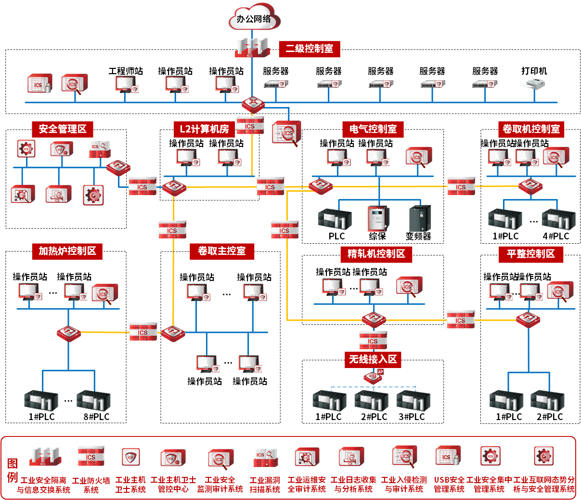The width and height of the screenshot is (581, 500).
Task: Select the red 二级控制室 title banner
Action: coord(309,49)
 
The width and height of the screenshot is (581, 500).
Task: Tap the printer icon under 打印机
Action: coord(534,85)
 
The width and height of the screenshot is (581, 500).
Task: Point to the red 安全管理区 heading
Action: coord(63,129)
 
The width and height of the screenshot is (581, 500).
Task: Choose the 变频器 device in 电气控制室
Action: coord(419,219)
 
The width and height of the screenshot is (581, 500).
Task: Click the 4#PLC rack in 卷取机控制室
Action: coord(558,220)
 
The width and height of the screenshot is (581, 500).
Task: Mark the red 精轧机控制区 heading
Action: coord(376,254)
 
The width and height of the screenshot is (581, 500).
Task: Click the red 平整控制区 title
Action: coord(530,254)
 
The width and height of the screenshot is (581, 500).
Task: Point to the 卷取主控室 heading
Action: coord(221,251)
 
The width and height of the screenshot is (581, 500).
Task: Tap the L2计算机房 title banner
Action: coord(204,129)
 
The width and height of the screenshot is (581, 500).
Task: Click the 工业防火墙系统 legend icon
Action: coord(91,457)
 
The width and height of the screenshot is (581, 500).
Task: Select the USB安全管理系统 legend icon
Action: coord(448,457)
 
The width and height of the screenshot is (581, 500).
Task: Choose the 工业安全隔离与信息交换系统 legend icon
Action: coord(44,457)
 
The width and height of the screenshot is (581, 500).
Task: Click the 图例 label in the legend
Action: coord(13,470)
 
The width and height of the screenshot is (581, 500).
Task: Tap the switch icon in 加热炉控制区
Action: coord(68,333)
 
